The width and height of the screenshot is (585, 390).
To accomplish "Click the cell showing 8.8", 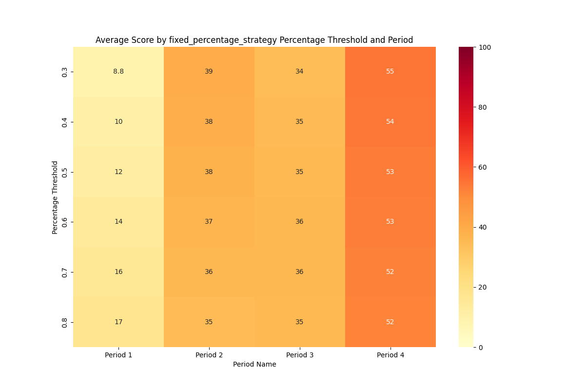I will tap(118, 72).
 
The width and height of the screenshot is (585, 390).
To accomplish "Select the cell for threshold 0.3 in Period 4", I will tap(390, 72).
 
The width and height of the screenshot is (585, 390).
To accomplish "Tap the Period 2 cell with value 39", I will tap(209, 72).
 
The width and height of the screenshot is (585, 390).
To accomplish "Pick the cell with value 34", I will tap(299, 72).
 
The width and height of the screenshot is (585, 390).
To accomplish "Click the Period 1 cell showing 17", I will tap(118, 322).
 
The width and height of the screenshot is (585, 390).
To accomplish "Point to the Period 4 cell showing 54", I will tap(390, 122).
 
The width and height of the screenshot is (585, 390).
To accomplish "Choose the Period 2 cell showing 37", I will tap(209, 222).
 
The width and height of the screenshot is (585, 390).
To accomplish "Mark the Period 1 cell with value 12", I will tap(118, 172).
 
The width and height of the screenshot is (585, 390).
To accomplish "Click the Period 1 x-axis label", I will tap(118, 355).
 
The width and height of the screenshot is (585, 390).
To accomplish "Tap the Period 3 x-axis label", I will tap(299, 355).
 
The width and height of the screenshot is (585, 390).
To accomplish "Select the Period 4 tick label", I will tap(390, 355).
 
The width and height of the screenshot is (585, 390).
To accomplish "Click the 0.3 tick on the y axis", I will tap(65, 72).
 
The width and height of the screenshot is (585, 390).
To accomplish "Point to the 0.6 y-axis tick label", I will tap(65, 222).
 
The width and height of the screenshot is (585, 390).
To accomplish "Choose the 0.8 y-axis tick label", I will tap(65, 322).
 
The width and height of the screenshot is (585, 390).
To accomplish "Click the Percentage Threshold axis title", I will tap(55, 197).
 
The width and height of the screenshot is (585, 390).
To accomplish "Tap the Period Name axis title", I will tap(254, 365).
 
